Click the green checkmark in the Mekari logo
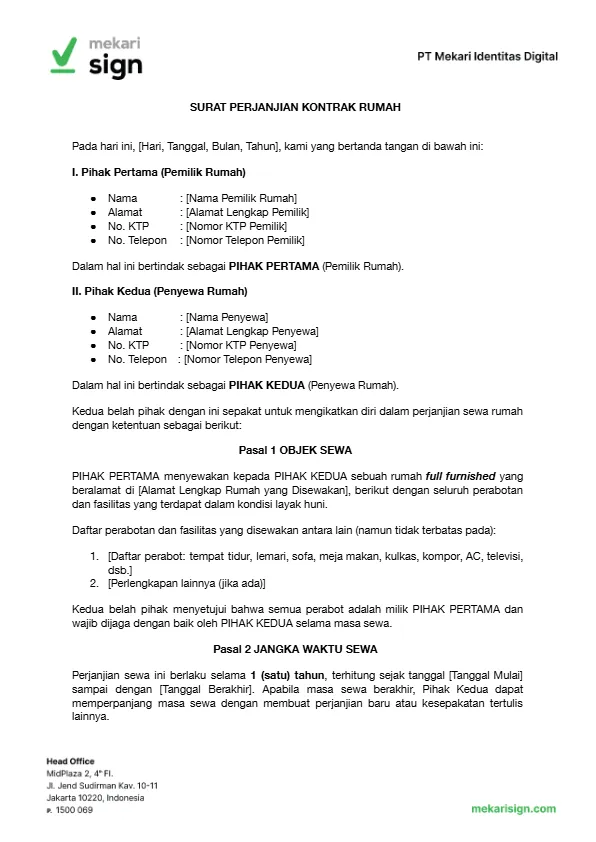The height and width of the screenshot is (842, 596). pos(63,55)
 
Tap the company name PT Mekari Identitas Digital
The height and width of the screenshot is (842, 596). pos(487,57)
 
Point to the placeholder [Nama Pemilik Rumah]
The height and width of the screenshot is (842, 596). pos(240,198)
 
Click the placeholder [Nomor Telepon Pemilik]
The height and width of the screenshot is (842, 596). pos(244,240)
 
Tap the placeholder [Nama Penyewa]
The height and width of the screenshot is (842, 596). pos(226,317)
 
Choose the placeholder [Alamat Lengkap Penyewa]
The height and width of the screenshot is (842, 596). pos(249,331)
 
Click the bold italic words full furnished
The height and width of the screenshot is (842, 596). pos(456,476)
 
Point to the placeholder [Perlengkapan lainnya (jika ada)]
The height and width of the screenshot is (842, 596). pos(186,582)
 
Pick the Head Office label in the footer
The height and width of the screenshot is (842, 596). pos(71,762)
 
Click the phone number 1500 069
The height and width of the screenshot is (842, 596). pos(73,810)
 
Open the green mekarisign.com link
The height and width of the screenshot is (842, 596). pos(514,809)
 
